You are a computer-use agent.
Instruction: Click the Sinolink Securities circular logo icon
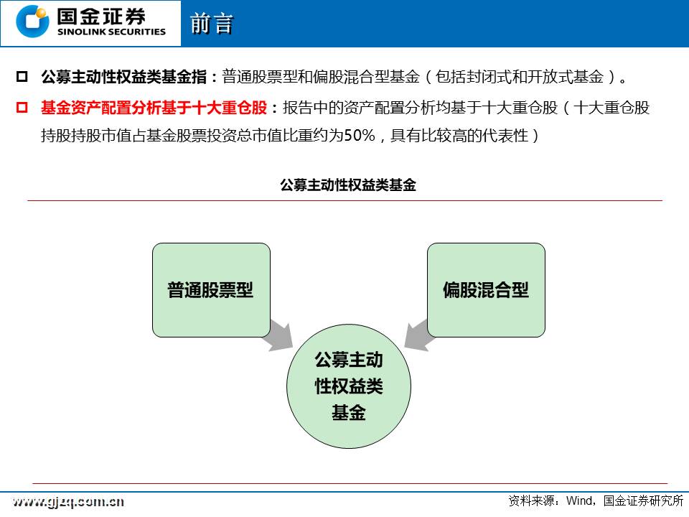tap(32, 22)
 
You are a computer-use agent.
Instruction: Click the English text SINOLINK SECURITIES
tap(112, 32)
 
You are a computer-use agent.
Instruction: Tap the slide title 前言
tap(211, 24)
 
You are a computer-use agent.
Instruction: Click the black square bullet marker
tap(22, 77)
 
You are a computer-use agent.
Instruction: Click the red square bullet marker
tap(22, 107)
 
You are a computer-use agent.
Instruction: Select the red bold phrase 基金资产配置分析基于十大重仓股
tap(154, 107)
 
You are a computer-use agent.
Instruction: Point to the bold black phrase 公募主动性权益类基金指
tap(124, 77)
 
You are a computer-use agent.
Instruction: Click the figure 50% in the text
tap(360, 135)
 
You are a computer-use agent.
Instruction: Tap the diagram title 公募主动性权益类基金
tap(348, 185)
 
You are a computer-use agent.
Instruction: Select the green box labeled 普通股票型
tap(211, 290)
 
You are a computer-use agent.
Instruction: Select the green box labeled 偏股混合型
tap(486, 290)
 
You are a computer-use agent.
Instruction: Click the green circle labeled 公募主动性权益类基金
tap(349, 386)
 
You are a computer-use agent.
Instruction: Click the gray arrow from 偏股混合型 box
tap(418, 335)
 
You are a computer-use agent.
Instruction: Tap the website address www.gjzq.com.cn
tap(68, 502)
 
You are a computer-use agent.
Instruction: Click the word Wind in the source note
tap(579, 500)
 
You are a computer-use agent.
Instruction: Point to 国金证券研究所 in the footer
tap(643, 500)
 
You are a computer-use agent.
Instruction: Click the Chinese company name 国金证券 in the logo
tap(101, 17)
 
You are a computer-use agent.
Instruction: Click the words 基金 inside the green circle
tap(349, 413)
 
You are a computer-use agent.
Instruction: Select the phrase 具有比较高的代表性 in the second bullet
tap(459, 135)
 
